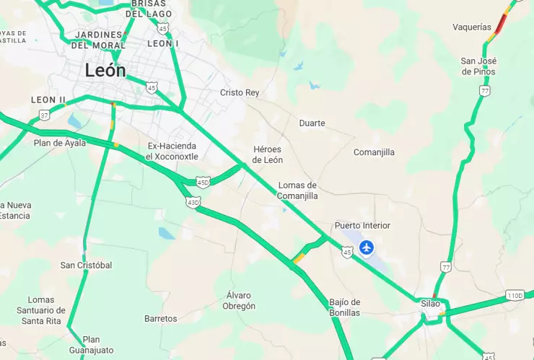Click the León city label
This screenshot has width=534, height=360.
[105, 71]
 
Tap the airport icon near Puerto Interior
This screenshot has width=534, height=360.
[367, 247]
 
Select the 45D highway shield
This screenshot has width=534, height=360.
[203, 182]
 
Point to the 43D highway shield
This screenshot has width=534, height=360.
[193, 202]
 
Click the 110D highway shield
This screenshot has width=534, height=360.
[515, 296]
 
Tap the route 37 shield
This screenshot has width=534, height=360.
[45, 115]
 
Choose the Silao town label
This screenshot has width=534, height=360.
[430, 304]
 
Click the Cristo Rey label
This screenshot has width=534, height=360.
[239, 93]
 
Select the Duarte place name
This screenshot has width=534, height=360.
[312, 123]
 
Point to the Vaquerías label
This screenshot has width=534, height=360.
[471, 27]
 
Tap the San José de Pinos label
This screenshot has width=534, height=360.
[478, 66]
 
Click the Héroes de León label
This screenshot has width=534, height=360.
[268, 154]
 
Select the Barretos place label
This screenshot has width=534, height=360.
[160, 318]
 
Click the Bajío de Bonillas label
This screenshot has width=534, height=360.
[344, 307]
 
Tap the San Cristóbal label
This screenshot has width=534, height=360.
[86, 265]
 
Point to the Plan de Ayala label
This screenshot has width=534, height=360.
[60, 143]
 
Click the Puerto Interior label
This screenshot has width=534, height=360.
[362, 226]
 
